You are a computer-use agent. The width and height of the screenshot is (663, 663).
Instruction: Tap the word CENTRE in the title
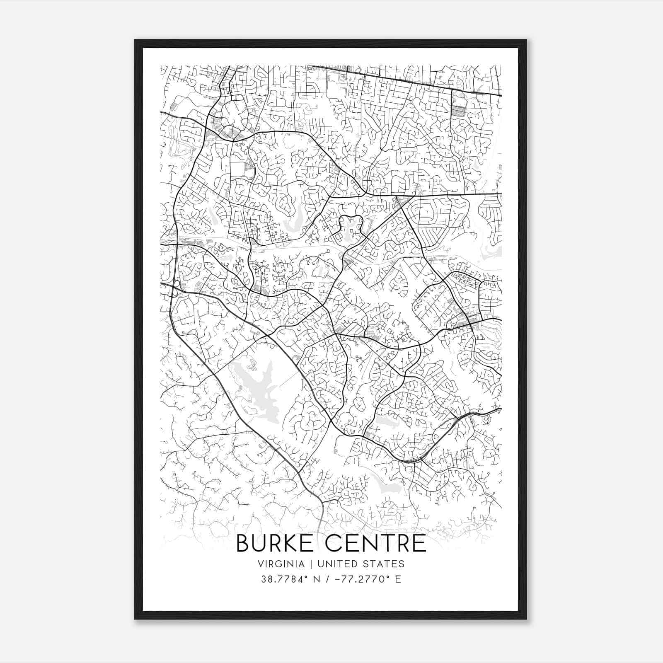376,543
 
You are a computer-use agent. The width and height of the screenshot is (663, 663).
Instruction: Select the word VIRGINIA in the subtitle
281,564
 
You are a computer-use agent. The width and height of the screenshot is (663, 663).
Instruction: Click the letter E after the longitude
398,579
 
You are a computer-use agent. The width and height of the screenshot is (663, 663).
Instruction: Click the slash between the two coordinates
328,579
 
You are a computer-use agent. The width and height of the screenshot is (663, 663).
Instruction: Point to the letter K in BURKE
294,543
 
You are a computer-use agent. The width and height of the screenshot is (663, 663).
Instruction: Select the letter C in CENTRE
334,543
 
